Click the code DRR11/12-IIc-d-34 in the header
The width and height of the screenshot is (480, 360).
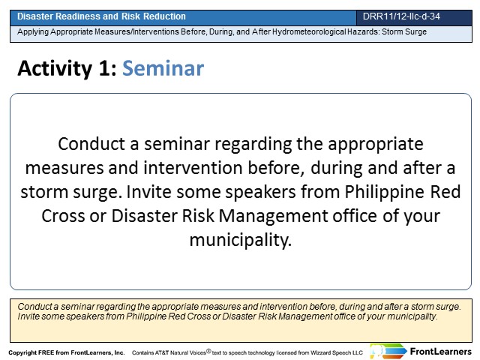[401, 16]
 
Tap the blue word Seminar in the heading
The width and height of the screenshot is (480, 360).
[163, 68]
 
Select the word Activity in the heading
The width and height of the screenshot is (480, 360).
[55, 69]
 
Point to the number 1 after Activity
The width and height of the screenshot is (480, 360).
[104, 68]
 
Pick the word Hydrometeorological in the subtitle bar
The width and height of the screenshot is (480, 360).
[309, 31]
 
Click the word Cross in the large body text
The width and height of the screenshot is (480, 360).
[63, 216]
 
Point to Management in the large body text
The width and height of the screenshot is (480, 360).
[273, 217]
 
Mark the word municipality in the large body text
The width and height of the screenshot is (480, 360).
[241, 240]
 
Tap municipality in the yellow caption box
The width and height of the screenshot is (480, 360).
[412, 316]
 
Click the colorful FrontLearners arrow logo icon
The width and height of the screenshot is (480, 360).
[388, 352]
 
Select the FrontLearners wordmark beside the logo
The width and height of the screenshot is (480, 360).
[440, 352]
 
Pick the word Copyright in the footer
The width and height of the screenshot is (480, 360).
[22, 352]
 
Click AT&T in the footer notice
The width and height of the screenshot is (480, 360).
[162, 352]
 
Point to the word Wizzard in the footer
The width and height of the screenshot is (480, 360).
[321, 352]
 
